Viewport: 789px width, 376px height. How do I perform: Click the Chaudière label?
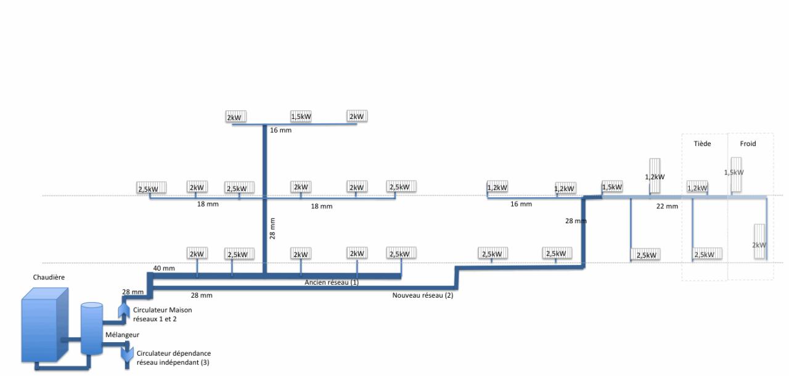pos(49,277)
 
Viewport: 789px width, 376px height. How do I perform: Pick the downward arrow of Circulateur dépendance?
pos(128,354)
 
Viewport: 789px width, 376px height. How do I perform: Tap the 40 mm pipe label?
pos(165,268)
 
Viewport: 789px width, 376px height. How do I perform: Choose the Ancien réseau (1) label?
pos(332,282)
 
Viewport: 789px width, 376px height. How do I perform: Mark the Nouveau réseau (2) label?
pos(422,295)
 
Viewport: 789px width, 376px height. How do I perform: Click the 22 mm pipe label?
pos(667,206)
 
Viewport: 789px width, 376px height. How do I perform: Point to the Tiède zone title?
pos(703,144)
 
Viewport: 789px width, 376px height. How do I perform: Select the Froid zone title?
pos(747,144)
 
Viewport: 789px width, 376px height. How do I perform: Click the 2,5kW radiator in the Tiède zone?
pos(708,254)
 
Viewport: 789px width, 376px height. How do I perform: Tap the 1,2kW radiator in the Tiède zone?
pos(697,187)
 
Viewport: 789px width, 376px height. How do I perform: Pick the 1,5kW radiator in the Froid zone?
pos(734,172)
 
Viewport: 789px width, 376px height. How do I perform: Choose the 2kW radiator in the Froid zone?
pos(759,244)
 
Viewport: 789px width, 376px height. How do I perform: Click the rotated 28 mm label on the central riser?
pos(272,228)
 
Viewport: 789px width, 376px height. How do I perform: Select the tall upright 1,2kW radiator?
pos(655,176)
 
